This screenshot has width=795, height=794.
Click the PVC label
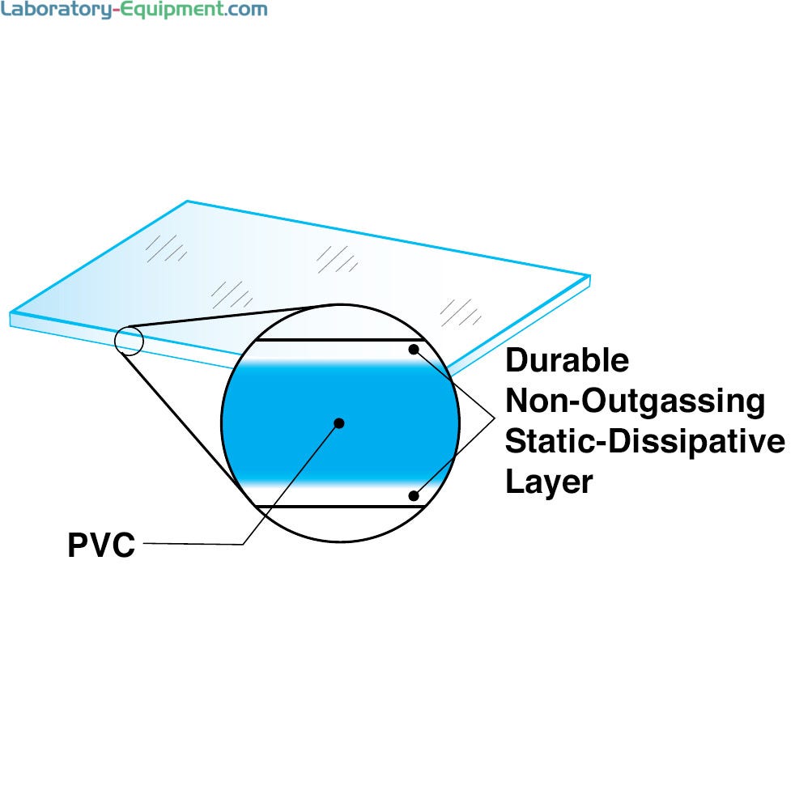100,545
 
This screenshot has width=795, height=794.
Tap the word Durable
567,360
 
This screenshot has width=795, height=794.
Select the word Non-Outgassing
635,401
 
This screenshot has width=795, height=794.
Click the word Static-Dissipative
644,442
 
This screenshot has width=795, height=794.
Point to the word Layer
549,482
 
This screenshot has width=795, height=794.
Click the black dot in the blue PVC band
339,422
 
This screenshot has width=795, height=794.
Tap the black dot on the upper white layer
414,350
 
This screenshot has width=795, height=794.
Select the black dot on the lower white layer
414,495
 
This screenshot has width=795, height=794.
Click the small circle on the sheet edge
129,340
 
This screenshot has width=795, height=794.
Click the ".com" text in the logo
242,11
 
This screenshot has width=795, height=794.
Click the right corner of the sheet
589,278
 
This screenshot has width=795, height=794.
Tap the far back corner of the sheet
188,202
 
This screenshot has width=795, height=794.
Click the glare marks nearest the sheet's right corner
460,312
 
